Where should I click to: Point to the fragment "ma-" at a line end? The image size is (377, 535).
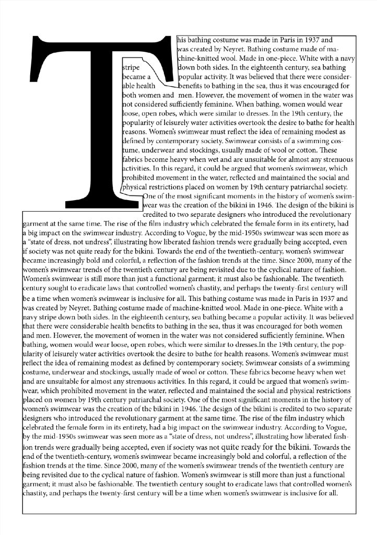(x=348, y=49)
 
